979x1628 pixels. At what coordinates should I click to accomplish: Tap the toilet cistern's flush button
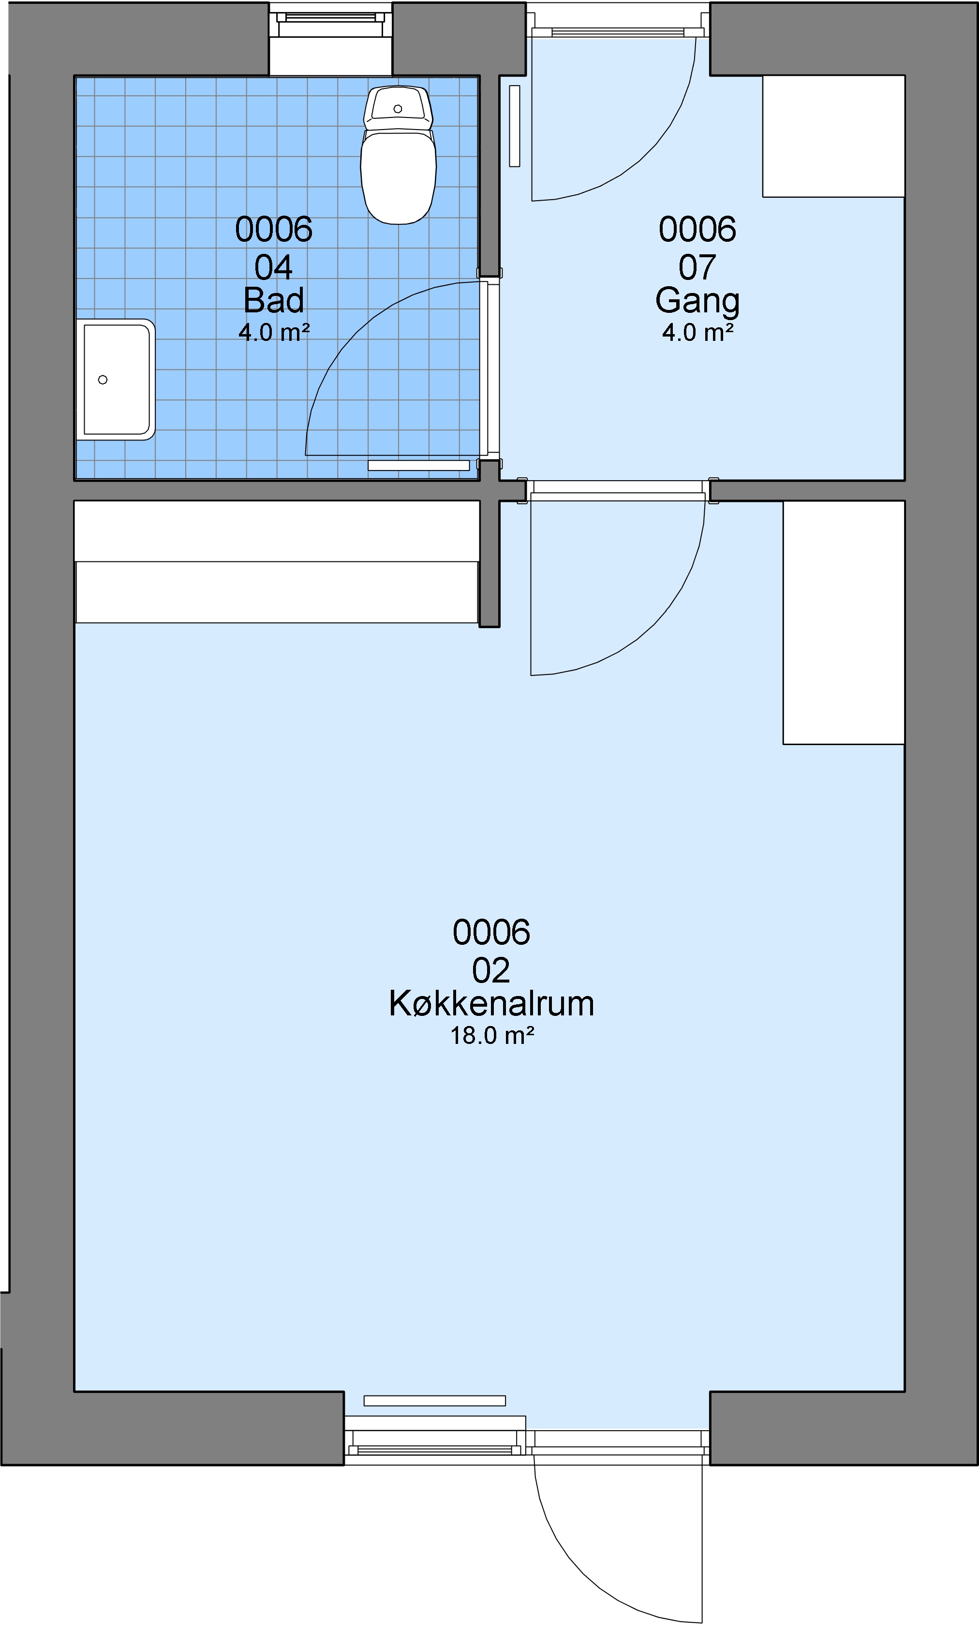tap(398, 109)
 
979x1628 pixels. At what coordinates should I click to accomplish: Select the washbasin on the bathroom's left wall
tap(116, 379)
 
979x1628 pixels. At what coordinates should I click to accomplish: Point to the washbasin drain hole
tap(102, 380)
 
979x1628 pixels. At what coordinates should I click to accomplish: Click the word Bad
tap(274, 301)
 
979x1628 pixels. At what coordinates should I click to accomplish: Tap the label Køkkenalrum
tap(491, 1004)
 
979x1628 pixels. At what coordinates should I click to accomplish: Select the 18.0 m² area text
tap(491, 1036)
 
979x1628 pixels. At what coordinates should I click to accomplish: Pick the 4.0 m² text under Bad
tap(274, 332)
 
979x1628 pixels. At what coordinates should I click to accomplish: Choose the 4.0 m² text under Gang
tap(697, 332)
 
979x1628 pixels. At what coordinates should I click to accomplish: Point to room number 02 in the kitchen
tap(491, 970)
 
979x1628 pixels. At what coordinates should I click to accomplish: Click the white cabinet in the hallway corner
tap(833, 136)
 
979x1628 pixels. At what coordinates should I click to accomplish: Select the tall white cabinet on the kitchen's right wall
tap(844, 622)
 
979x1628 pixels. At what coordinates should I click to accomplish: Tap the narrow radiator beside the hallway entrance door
tap(515, 125)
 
